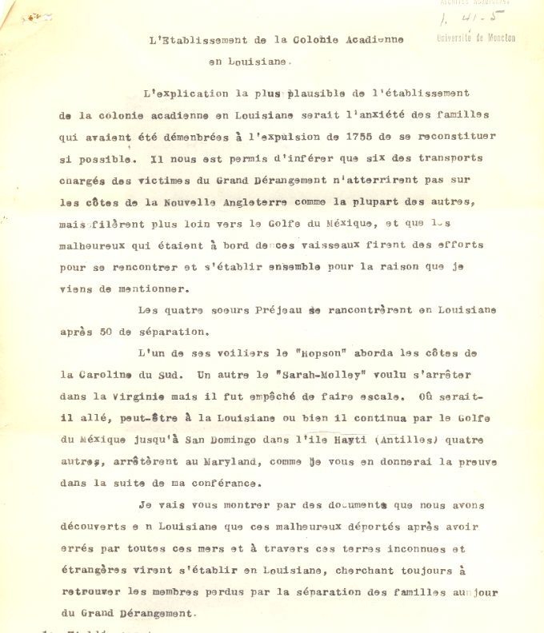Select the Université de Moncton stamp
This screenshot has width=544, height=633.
[475, 38]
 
